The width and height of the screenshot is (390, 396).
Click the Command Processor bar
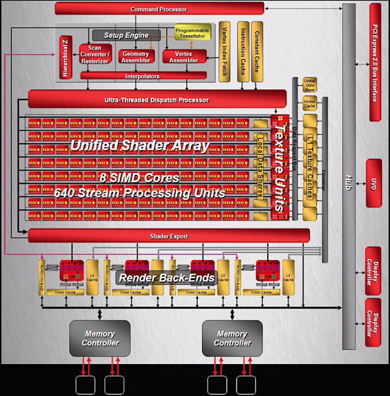tap(159, 8)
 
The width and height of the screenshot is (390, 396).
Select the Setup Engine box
tap(126, 35)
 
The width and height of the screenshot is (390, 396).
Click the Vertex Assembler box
tap(184, 57)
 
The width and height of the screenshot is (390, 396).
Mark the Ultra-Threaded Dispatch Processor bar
tap(157, 100)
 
